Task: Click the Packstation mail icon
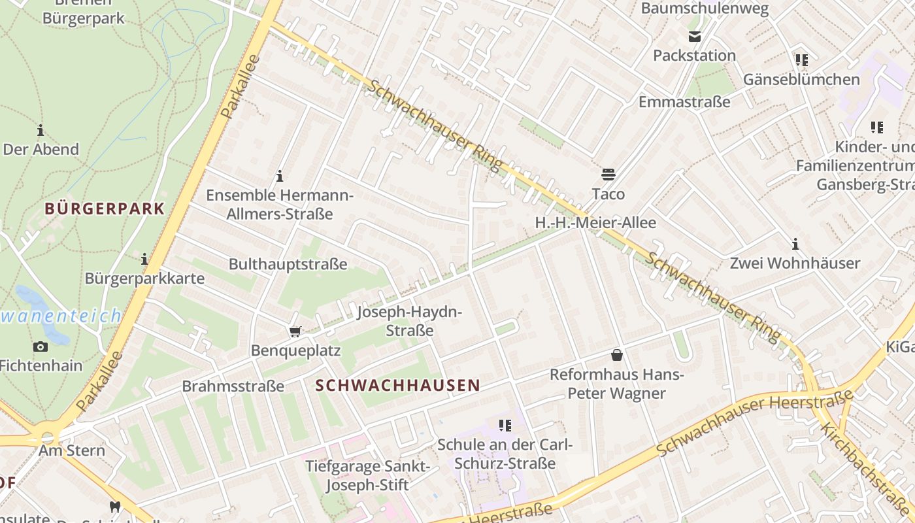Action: click(x=694, y=37)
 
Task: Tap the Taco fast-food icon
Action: click(x=608, y=175)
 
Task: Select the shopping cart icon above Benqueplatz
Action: click(x=295, y=332)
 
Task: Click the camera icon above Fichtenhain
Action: click(x=41, y=346)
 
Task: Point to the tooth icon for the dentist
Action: click(x=115, y=507)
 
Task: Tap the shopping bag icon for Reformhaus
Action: click(x=616, y=355)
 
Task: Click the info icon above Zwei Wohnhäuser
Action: click(x=795, y=245)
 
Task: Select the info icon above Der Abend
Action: click(x=41, y=130)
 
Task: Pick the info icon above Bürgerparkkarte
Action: click(x=144, y=260)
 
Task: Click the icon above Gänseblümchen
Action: click(x=802, y=61)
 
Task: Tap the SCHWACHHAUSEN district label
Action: click(x=398, y=386)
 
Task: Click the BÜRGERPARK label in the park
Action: click(x=105, y=209)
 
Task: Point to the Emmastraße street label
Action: click(x=684, y=102)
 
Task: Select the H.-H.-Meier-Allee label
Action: click(x=595, y=223)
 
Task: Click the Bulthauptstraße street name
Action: click(x=288, y=264)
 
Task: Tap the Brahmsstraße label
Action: click(x=233, y=386)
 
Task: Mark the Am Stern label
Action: click(x=72, y=450)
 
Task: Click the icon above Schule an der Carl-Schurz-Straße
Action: click(x=505, y=426)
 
